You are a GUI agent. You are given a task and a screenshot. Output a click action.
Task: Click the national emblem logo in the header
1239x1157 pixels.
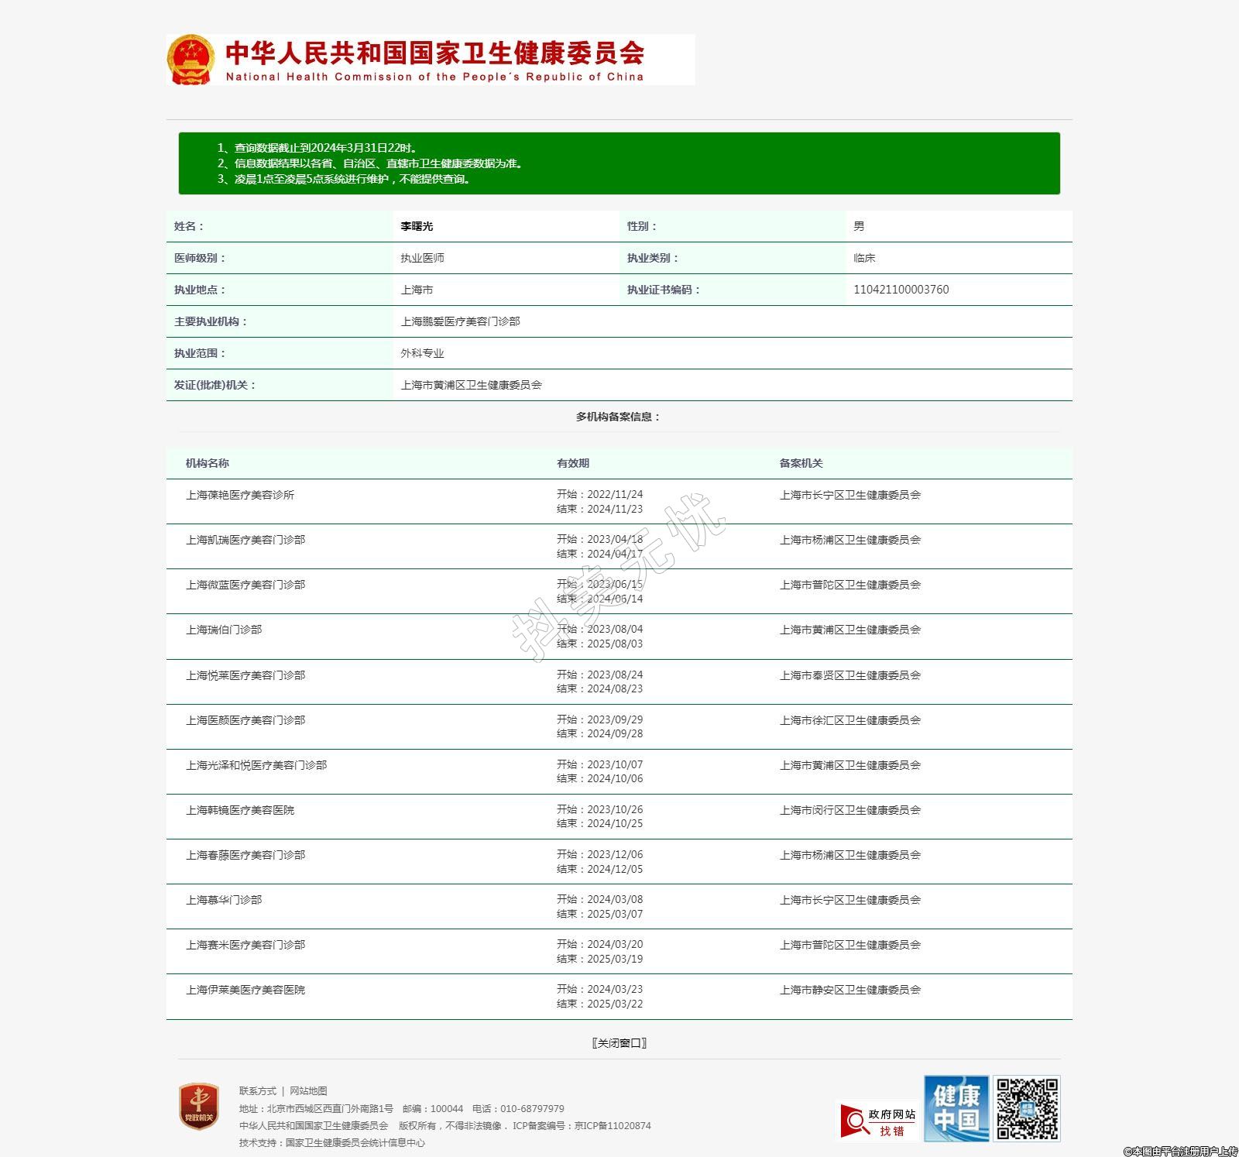[x=190, y=60]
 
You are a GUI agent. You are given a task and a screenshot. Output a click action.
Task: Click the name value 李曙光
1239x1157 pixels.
[x=417, y=226]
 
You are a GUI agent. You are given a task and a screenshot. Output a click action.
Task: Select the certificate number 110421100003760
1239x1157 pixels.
[x=901, y=290]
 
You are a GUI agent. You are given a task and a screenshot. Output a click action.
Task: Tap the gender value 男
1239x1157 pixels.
[x=859, y=226]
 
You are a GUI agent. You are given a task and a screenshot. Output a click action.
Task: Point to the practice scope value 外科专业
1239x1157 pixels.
[x=422, y=353]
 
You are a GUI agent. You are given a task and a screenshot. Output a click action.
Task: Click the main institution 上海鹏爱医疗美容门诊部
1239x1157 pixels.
[x=460, y=321]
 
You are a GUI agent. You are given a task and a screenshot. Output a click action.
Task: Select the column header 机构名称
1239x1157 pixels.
[x=208, y=463]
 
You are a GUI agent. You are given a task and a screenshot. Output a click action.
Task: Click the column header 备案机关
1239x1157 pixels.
[x=801, y=463]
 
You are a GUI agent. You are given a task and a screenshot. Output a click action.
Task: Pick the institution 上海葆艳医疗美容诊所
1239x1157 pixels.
[x=240, y=495]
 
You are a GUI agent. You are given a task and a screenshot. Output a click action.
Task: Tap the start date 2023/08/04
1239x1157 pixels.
[x=614, y=629]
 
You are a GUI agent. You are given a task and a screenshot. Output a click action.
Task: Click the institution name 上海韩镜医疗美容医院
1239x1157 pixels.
[x=240, y=810]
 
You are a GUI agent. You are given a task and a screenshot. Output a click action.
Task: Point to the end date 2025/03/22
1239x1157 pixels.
[x=614, y=1004]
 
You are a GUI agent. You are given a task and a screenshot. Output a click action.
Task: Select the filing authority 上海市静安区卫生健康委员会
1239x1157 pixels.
[x=849, y=990]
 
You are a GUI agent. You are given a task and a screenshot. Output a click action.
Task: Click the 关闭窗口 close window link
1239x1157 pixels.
[x=619, y=1043]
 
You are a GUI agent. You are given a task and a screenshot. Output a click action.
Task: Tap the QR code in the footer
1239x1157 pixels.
[x=1027, y=1108]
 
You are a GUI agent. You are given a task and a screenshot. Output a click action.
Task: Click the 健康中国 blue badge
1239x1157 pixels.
[x=956, y=1108]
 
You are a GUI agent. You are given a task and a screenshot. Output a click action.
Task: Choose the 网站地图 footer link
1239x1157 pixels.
[x=308, y=1091]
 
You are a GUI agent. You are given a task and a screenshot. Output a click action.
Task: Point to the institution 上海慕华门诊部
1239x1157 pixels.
[x=224, y=900]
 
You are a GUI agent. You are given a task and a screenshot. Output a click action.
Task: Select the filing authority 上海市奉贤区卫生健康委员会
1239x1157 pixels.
[x=849, y=675]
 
